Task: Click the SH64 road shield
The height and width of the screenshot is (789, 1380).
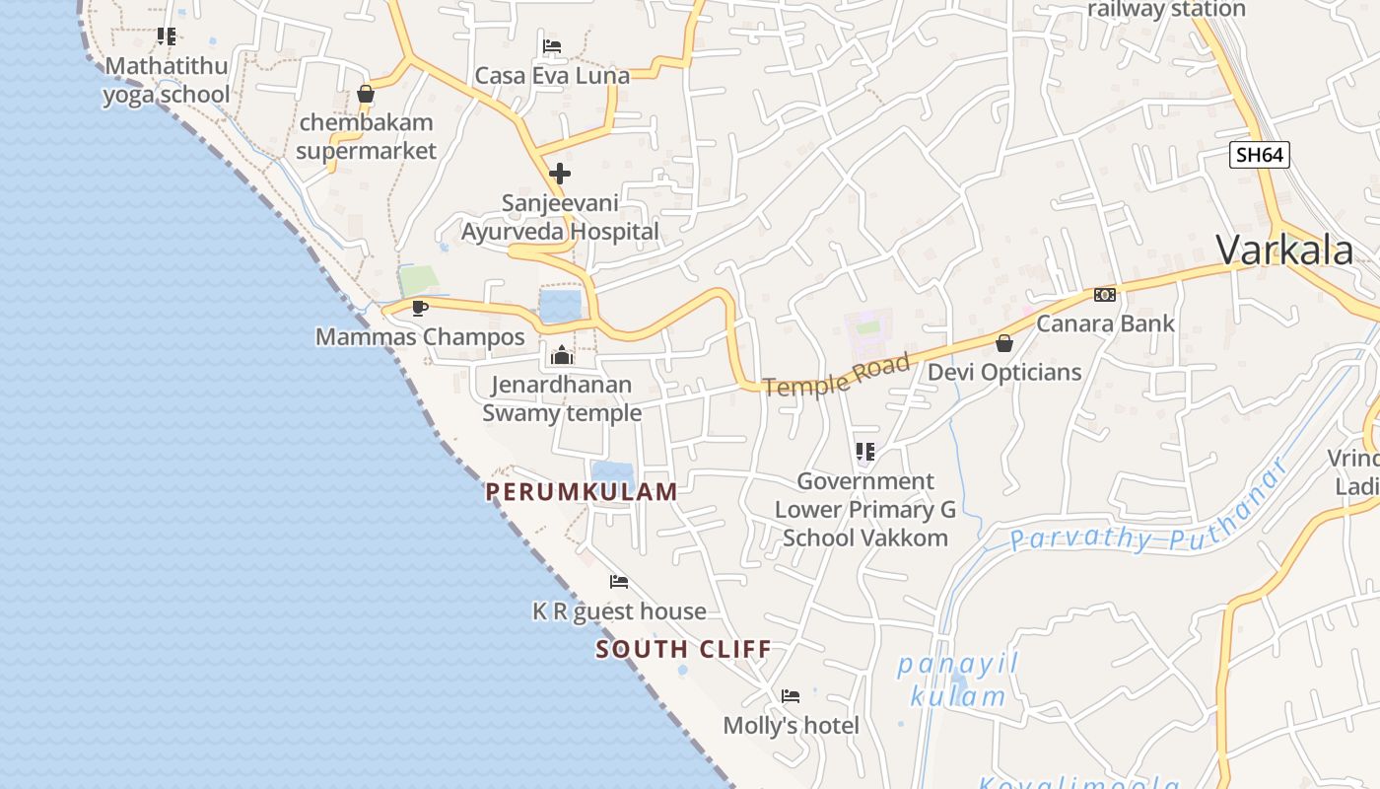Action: coord(1259,155)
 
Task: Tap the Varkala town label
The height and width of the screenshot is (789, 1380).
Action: coord(1284,251)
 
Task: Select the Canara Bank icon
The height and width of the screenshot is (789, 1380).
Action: coord(1104,295)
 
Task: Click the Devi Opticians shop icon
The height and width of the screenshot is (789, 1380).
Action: coord(1003,343)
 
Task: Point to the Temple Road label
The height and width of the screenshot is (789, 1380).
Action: coord(836,376)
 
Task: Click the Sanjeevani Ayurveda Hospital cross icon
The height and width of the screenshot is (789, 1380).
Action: coord(560,175)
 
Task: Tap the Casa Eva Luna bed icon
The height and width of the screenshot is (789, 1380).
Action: coord(552,46)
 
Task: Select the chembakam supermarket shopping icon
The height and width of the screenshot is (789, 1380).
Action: coord(366,94)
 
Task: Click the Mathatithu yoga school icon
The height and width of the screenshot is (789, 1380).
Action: coord(167,36)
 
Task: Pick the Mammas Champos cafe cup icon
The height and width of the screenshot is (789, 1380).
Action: coord(420,308)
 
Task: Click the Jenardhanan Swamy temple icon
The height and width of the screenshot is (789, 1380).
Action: coord(562,355)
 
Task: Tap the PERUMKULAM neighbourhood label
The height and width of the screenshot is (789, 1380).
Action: coord(582,491)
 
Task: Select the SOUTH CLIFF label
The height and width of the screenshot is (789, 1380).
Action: coord(683,649)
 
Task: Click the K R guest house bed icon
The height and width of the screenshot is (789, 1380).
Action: coord(619,582)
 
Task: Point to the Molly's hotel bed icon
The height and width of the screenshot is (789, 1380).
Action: coord(791,696)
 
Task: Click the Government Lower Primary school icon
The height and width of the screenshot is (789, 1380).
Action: coord(865,452)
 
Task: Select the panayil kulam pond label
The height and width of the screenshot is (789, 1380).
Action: coord(957,681)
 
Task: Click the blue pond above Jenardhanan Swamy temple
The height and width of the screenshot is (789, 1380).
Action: coord(560,306)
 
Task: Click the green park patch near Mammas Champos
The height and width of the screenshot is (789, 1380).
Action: coord(416,280)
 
